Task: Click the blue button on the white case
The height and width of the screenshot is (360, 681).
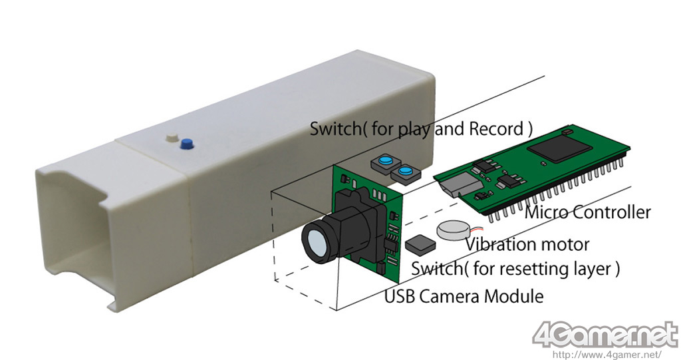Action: pos(188,143)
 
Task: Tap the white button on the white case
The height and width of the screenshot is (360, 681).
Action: pos(173,137)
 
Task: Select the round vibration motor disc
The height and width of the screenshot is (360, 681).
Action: pos(454,231)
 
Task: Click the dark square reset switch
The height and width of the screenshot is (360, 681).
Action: pos(420,244)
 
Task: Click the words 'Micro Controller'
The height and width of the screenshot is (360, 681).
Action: pos(587,213)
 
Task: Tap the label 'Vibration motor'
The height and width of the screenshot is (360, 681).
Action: pos(527,244)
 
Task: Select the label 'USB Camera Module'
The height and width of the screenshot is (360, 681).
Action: pos(464,295)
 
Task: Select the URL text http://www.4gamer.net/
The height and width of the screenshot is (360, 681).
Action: pos(615,352)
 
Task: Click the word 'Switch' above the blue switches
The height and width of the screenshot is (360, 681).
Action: pos(334,129)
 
